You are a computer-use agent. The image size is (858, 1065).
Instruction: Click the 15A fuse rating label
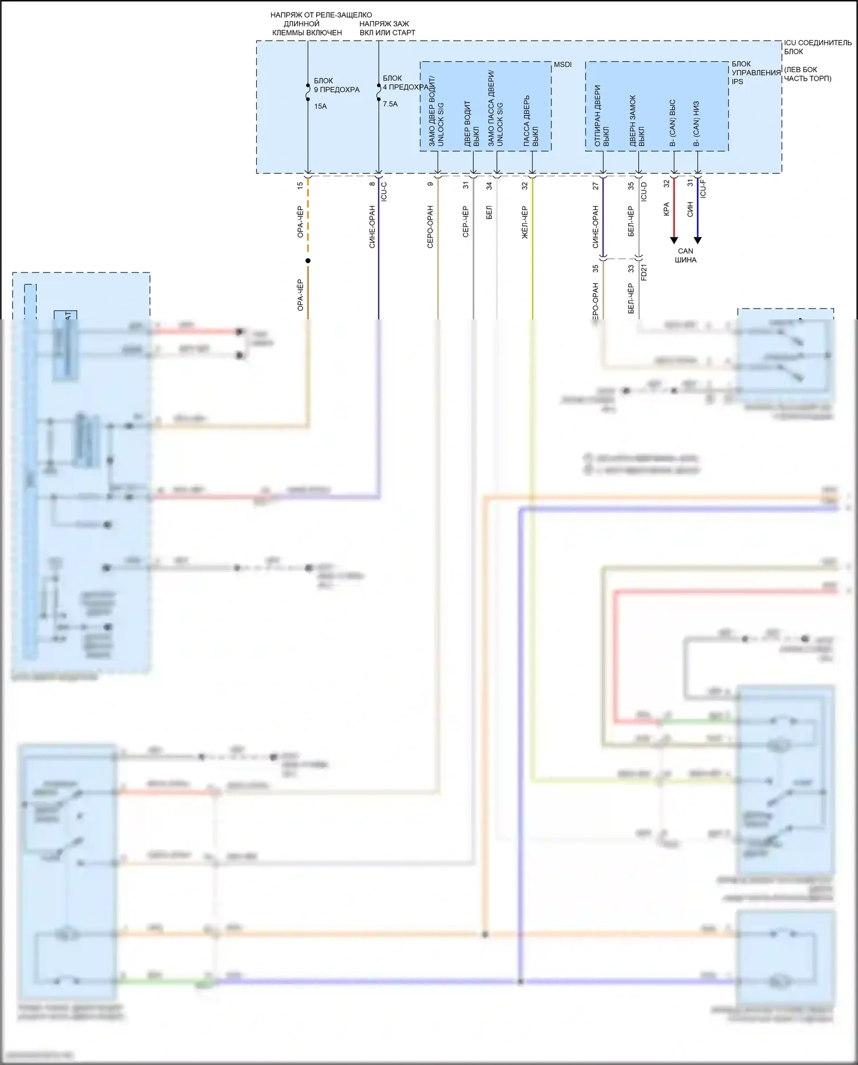tap(320, 106)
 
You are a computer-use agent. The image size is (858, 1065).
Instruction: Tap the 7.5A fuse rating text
tap(390, 104)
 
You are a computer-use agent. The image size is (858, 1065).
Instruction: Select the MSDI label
tap(562, 65)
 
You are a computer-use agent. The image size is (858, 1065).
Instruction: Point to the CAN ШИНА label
tap(685, 255)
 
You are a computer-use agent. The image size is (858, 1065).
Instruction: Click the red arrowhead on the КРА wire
tap(674, 240)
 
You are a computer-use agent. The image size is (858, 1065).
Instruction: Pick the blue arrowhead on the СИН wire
tap(697, 240)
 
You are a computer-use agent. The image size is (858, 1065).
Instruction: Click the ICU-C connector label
tap(384, 191)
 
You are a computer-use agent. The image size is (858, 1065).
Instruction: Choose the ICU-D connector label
tap(643, 192)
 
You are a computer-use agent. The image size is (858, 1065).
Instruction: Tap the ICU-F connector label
tap(703, 189)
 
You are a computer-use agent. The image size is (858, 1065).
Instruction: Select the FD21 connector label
tap(644, 272)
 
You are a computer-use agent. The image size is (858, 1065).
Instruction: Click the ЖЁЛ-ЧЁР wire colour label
tap(525, 222)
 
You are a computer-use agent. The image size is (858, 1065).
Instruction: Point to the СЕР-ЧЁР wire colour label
tap(466, 221)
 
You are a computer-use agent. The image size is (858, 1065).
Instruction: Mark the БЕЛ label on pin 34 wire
tap(489, 213)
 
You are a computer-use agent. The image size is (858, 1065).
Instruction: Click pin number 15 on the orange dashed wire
tap(300, 185)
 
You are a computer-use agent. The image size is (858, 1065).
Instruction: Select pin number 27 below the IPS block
tap(595, 186)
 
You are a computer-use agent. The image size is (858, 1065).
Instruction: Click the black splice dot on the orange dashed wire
tap(308, 261)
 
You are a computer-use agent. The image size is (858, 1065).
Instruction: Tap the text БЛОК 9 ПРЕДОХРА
tap(336, 85)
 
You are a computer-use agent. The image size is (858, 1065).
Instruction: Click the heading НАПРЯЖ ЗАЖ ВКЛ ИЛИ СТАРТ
tap(387, 28)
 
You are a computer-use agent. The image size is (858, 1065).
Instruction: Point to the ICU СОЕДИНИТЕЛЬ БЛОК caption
tap(817, 47)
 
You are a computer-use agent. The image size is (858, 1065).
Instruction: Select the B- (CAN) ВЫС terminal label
tap(673, 122)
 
